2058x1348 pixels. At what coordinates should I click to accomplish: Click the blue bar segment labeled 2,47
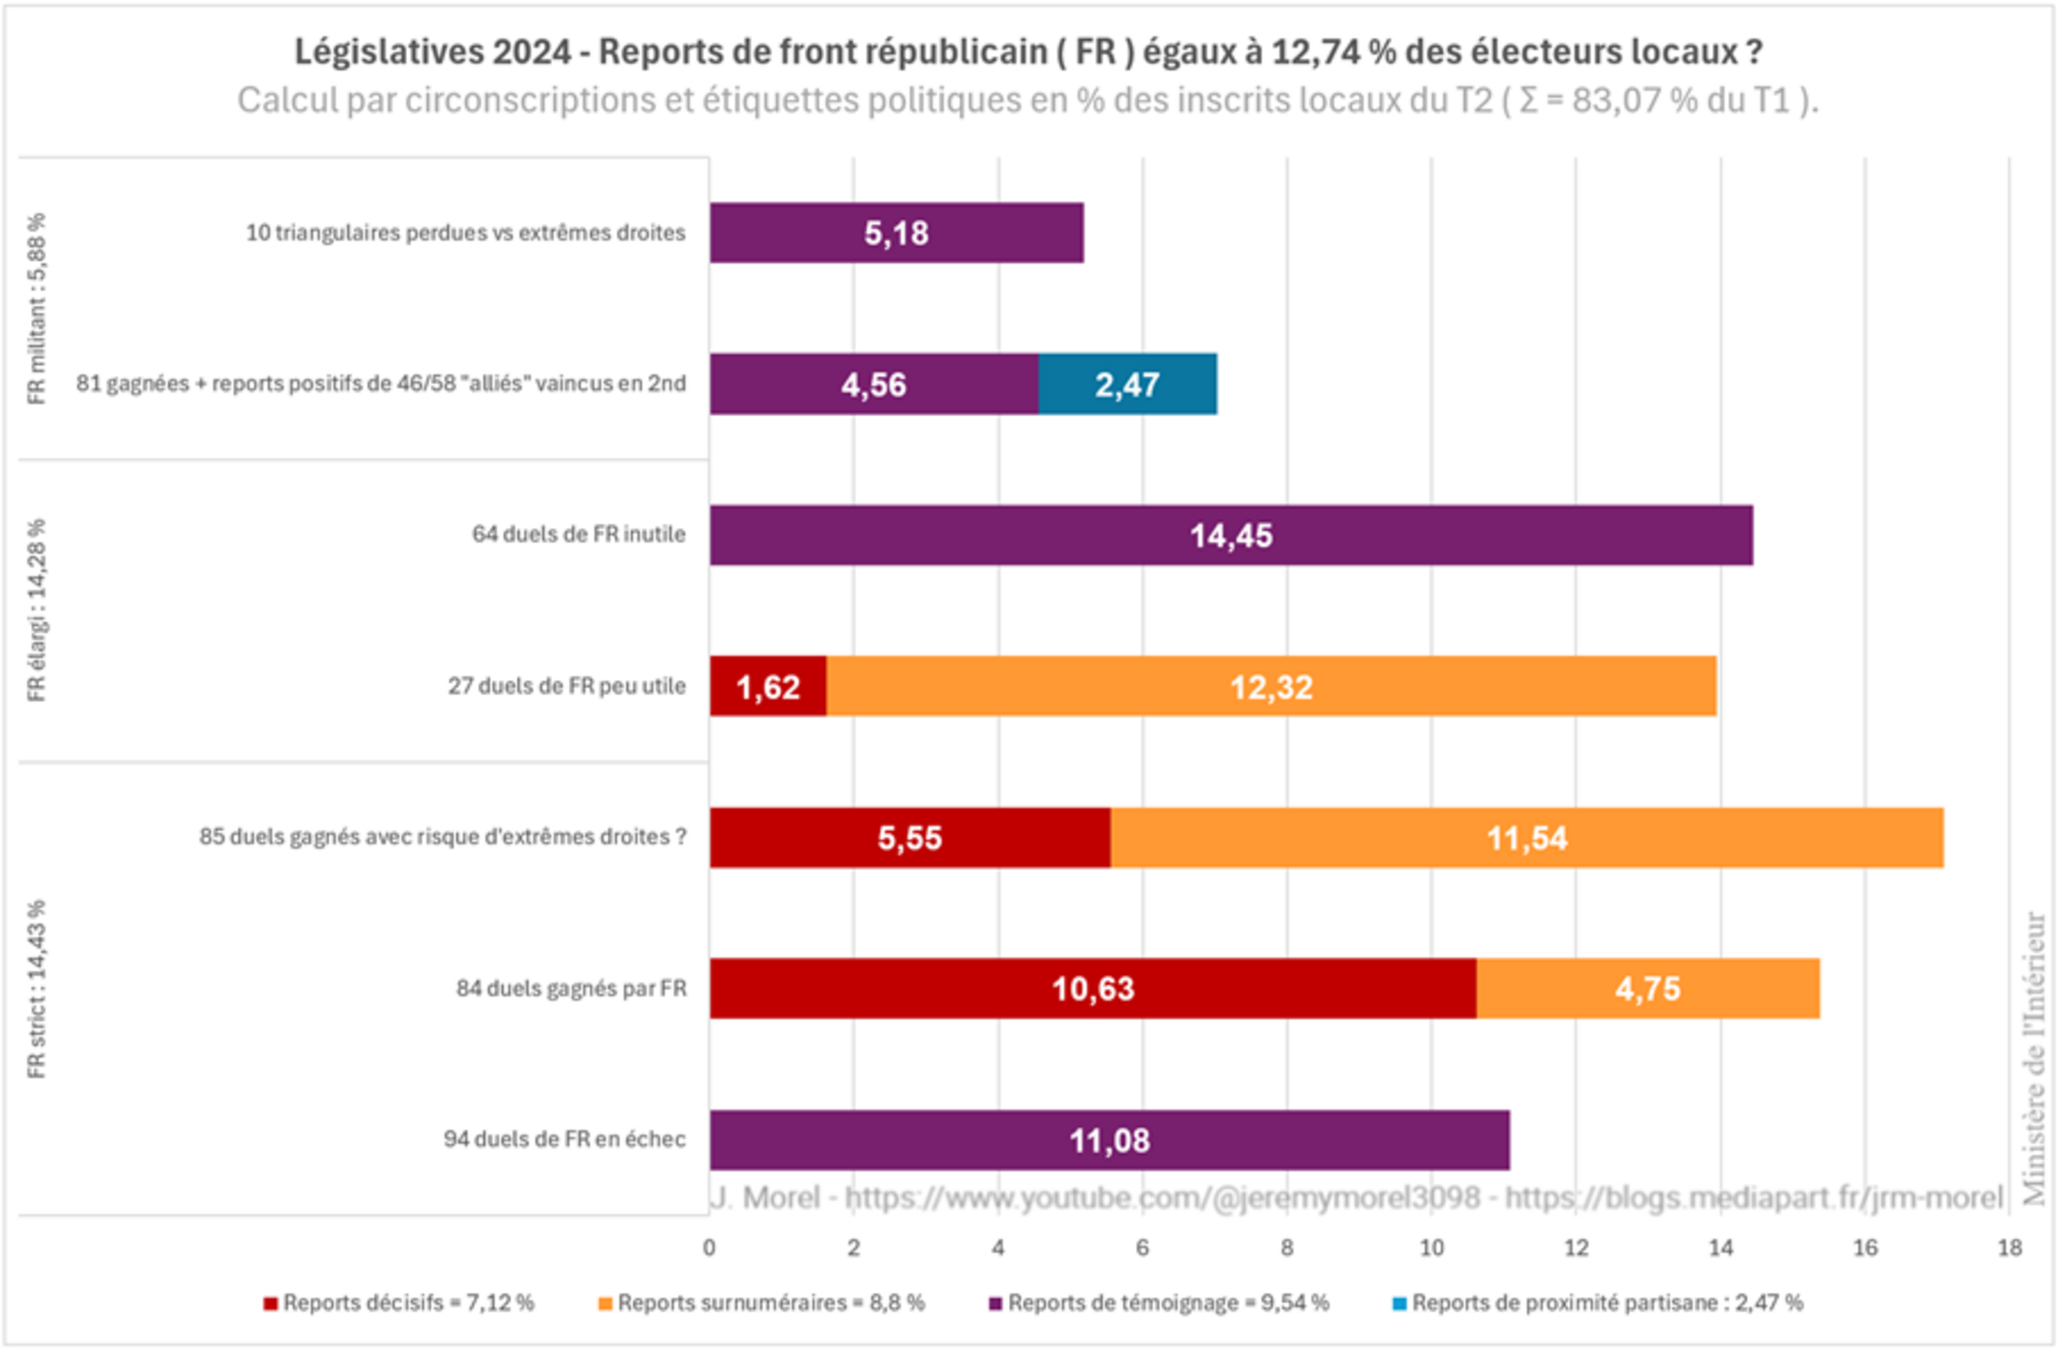1127,384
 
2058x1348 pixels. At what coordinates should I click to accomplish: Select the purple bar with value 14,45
1230,535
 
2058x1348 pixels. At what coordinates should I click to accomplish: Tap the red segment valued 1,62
767,687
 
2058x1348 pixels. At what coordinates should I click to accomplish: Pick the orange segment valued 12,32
1270,687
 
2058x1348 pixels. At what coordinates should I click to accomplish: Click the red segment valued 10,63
1092,989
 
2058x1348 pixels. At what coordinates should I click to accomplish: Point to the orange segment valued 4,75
1647,989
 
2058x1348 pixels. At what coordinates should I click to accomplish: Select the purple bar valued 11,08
1109,1140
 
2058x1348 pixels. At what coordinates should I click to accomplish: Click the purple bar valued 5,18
895,233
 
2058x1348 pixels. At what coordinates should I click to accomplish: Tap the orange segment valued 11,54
1527,838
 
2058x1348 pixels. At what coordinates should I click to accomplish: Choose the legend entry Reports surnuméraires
761,1303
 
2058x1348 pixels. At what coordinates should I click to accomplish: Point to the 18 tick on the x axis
2008,1248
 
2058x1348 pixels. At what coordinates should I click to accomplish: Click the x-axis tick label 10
1431,1248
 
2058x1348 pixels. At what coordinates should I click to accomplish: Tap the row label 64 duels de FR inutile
578,535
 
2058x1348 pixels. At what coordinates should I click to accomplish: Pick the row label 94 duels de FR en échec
564,1139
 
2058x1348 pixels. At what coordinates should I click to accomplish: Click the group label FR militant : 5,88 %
36,309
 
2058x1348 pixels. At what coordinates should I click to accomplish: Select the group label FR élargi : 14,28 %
36,610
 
